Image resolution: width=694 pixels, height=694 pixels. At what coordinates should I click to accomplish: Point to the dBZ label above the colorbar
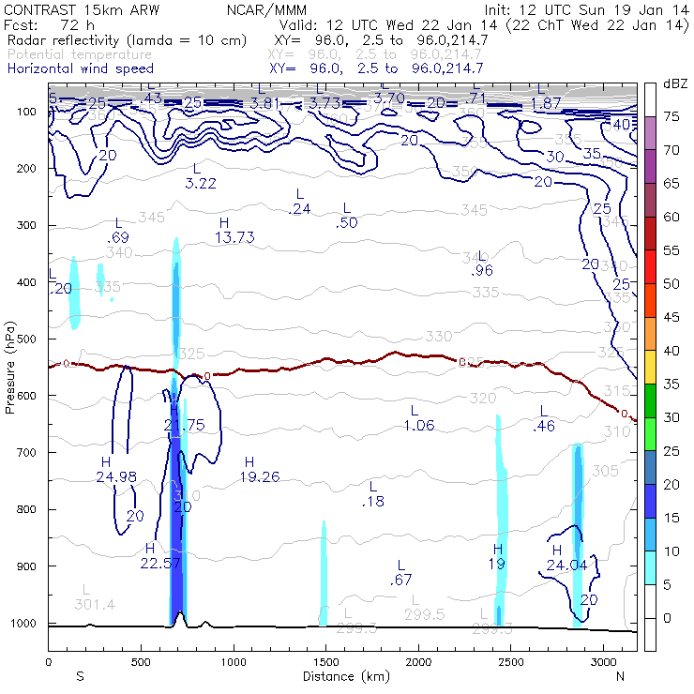click(x=675, y=84)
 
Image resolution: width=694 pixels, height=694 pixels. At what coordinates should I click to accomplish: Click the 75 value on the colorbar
click(x=672, y=116)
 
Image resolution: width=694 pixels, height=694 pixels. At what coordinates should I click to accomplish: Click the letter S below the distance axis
click(x=80, y=676)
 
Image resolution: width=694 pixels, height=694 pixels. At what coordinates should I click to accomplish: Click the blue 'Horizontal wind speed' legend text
click(x=80, y=68)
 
